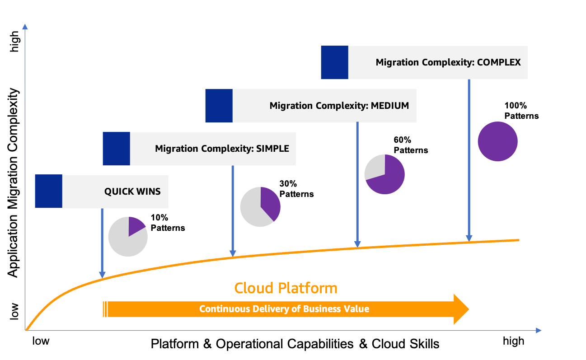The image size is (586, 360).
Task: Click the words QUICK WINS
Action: tap(132, 192)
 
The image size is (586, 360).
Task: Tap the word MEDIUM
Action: tap(389, 106)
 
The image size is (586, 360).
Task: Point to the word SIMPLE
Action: tap(272, 149)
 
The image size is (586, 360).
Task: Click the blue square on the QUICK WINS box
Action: tap(48, 192)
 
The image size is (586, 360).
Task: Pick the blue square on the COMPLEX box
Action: tap(334, 62)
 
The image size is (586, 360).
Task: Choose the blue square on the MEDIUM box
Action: tap(219, 106)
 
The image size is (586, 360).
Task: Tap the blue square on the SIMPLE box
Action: tap(116, 149)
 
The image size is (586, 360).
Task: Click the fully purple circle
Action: tap(497, 141)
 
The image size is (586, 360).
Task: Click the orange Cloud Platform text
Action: tap(286, 288)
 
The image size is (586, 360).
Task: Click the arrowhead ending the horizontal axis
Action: tap(538, 330)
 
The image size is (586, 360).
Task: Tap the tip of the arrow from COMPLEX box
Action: tap(469, 239)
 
